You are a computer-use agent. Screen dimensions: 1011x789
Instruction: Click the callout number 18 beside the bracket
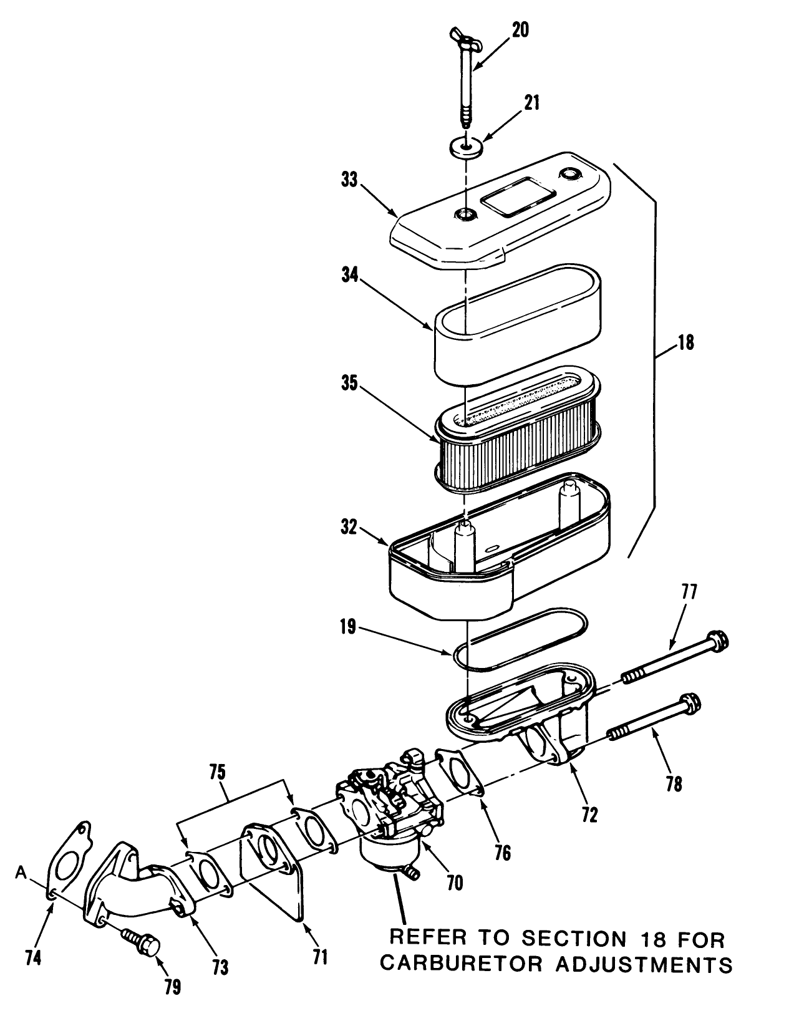tap(685, 342)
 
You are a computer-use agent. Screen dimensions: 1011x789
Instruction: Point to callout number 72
tap(589, 813)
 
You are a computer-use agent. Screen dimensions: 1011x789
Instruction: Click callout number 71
tap(320, 956)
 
